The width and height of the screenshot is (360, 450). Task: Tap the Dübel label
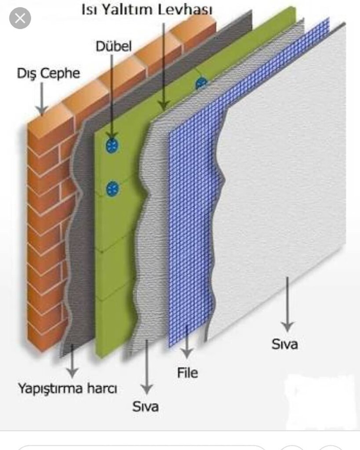pyautogui.click(x=113, y=47)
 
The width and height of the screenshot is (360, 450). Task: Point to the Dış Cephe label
pyautogui.click(x=48, y=73)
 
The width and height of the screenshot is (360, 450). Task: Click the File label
pyautogui.click(x=188, y=373)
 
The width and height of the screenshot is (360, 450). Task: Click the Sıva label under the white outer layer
pyautogui.click(x=284, y=344)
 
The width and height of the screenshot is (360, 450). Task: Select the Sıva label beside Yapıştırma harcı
pyautogui.click(x=145, y=406)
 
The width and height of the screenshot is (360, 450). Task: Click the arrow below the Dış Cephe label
pyautogui.click(x=42, y=98)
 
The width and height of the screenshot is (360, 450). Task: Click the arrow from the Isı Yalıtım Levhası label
pyautogui.click(x=164, y=66)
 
